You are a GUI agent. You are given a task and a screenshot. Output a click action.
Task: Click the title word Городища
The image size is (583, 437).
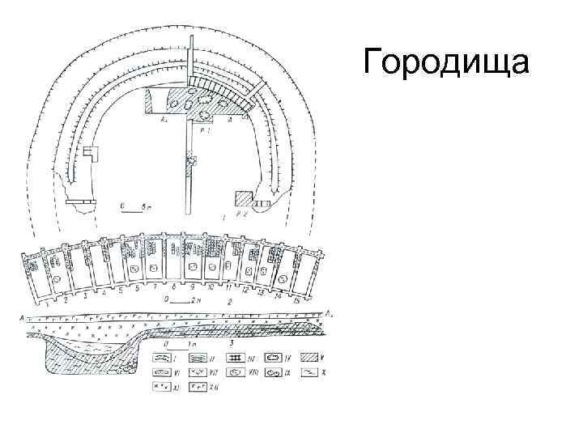pyautogui.click(x=446, y=61)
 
